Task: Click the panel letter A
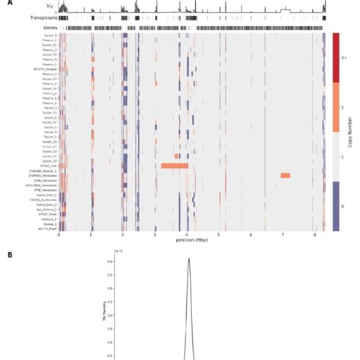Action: [10, 2]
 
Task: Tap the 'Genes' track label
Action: [50, 27]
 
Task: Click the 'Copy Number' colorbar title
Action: [352, 131]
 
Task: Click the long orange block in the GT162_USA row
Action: [174, 165]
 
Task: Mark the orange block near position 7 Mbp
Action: [285, 175]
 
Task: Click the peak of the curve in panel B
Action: [189, 260]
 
